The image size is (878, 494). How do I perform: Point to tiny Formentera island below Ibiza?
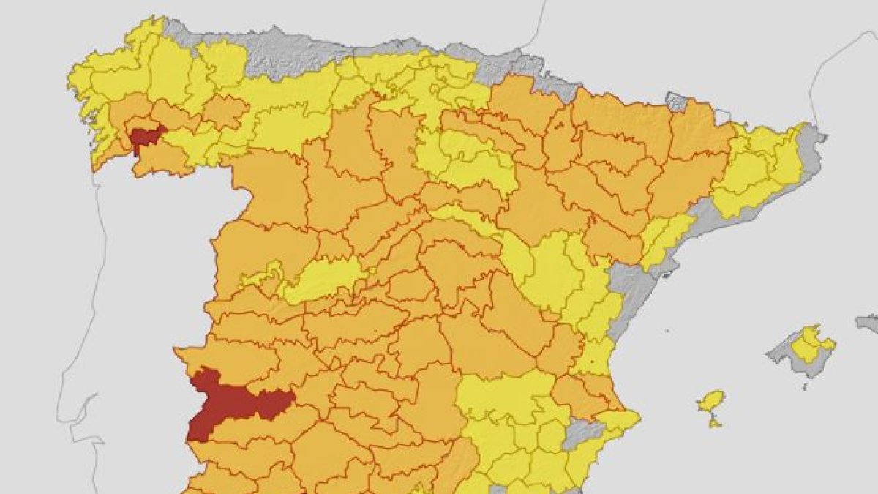715,423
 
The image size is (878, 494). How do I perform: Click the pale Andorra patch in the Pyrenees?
722,116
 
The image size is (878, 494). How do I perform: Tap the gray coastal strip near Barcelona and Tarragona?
699,220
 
